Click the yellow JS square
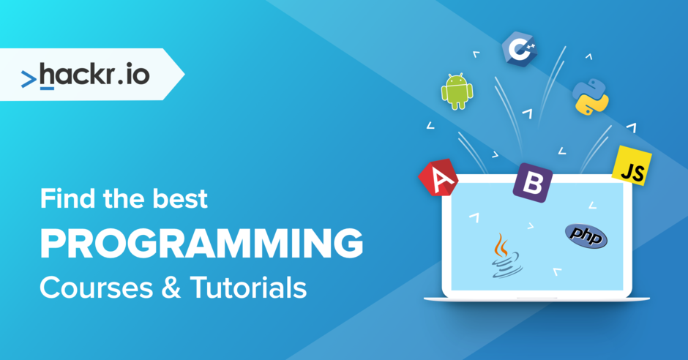click(632, 165)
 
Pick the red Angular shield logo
click(438, 179)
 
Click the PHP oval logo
click(586, 236)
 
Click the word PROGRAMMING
click(201, 244)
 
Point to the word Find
click(67, 198)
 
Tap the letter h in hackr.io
click(48, 73)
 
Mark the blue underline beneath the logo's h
click(47, 89)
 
